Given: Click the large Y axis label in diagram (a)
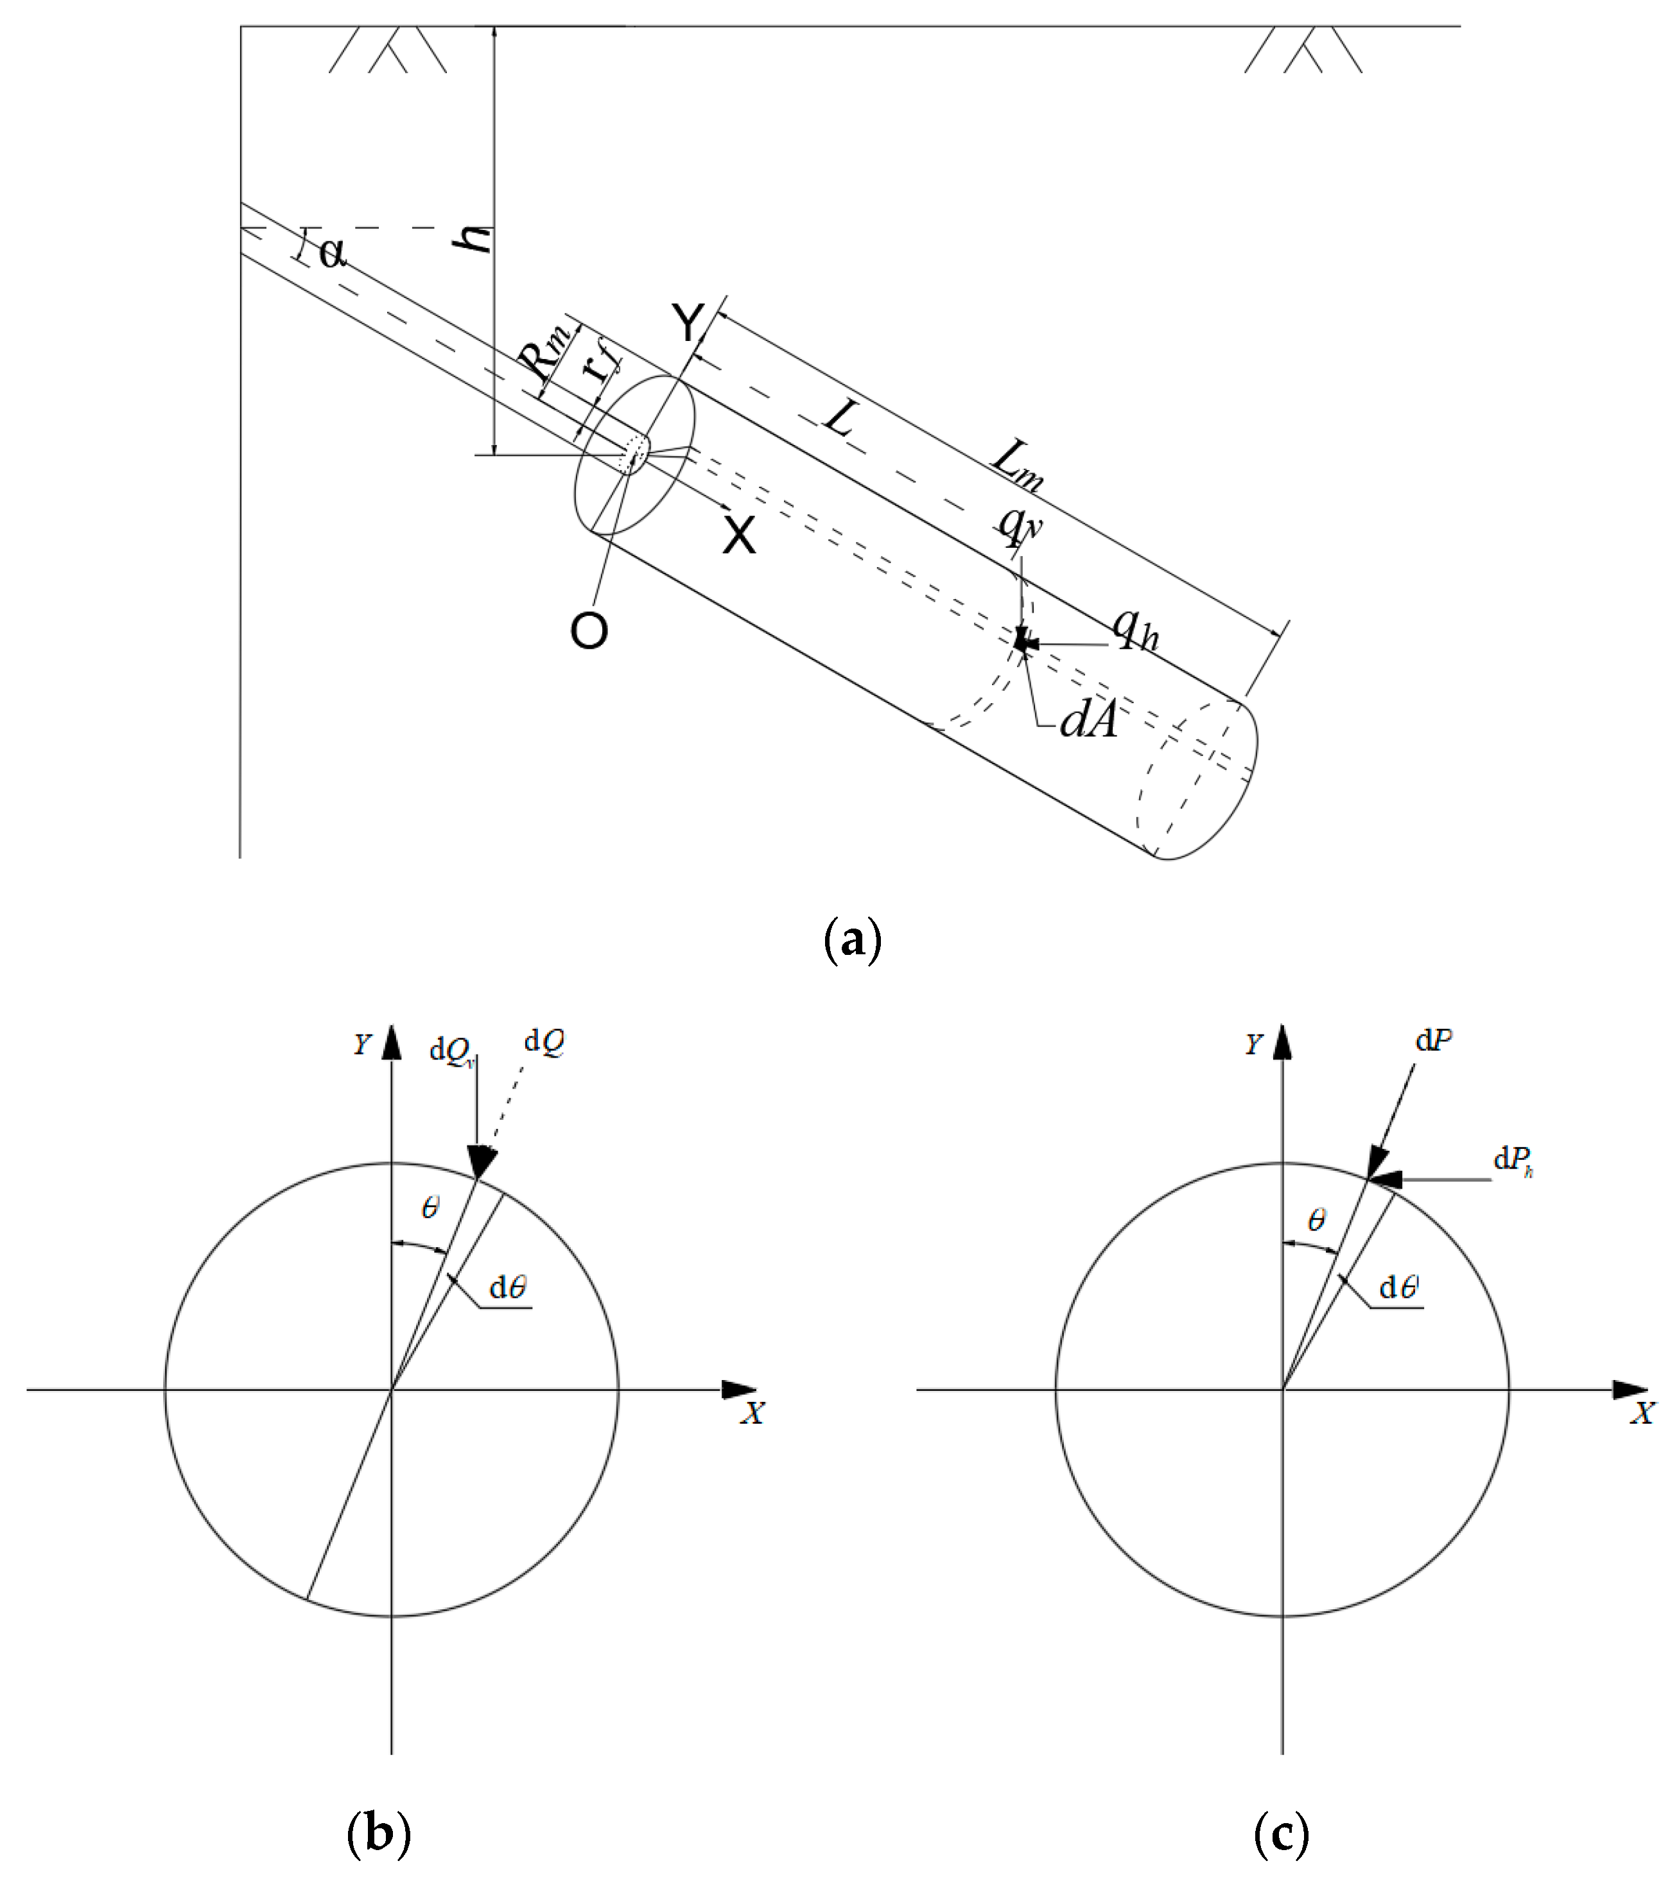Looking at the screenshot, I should click(688, 322).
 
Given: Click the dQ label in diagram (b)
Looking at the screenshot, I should click(544, 1042).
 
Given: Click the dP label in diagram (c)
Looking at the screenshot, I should click(1434, 1040).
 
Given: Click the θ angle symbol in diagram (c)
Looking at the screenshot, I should click(1316, 1221).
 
